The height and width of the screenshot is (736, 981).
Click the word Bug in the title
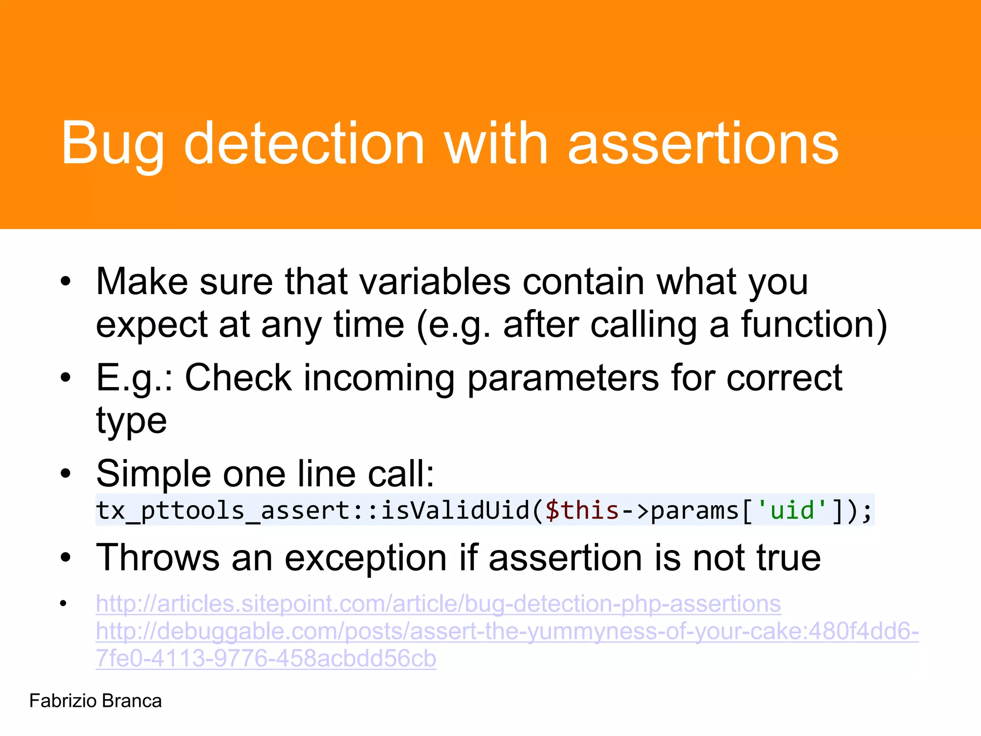click(x=113, y=144)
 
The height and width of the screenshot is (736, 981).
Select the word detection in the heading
click(x=305, y=144)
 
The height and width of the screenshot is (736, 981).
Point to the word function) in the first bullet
click(x=814, y=325)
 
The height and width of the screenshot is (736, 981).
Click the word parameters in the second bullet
click(x=563, y=379)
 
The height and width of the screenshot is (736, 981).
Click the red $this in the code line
click(x=582, y=510)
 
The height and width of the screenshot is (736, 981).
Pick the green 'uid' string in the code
click(x=792, y=510)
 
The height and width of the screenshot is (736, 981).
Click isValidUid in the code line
click(x=455, y=510)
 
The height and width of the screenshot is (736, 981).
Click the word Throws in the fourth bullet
click(x=158, y=558)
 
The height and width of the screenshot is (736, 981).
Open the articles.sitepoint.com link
click(x=438, y=604)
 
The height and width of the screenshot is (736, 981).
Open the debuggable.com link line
click(x=507, y=632)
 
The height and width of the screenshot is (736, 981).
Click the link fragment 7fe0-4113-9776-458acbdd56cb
click(x=266, y=659)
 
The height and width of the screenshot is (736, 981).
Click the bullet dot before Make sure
click(x=66, y=282)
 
